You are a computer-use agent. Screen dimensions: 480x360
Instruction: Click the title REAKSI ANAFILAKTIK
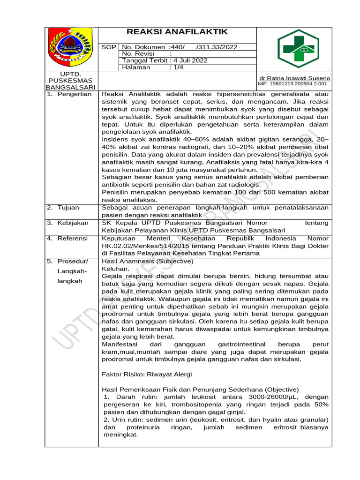178,32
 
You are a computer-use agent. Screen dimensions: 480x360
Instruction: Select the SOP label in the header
108,47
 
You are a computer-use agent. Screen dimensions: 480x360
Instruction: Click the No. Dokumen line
180,47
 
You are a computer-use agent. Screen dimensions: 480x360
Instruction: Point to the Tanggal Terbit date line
165,60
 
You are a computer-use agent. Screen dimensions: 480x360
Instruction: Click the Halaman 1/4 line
146,67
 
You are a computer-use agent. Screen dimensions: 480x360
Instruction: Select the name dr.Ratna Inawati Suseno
294,78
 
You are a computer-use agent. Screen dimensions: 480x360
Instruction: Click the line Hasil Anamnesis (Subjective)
147,261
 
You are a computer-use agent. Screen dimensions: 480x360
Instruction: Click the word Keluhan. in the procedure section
114,269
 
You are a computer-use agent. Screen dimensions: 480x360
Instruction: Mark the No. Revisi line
141,54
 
